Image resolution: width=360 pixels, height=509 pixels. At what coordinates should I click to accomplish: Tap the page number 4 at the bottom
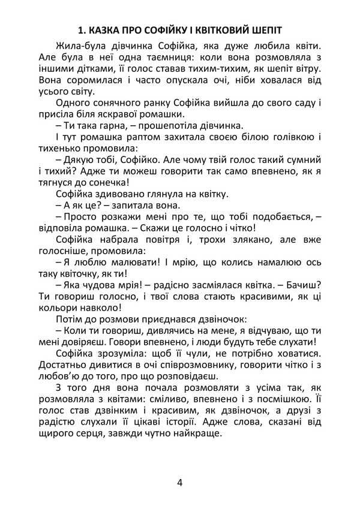click(180, 484)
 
